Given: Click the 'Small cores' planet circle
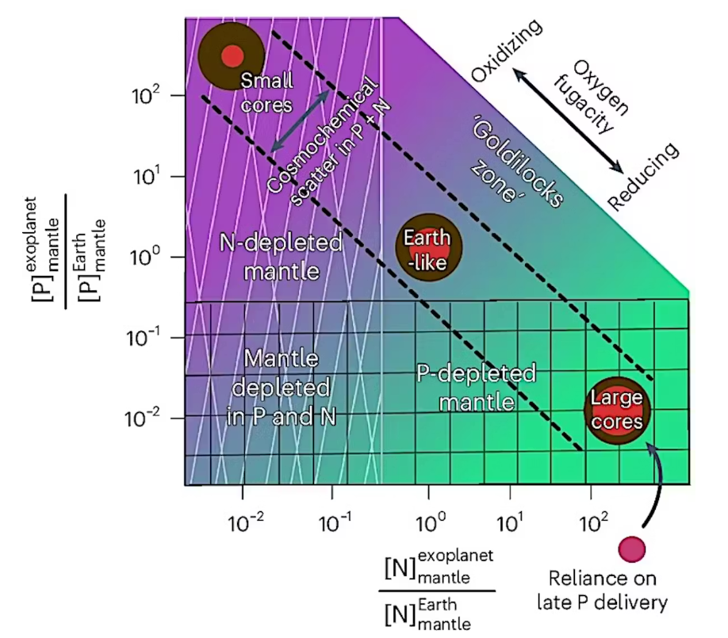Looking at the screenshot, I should (x=231, y=55).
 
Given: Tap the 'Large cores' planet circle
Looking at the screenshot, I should (x=618, y=407).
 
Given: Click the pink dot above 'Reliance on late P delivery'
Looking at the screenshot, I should (x=632, y=547).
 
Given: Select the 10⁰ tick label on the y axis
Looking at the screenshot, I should (x=148, y=256).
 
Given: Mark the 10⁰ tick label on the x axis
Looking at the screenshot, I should (x=428, y=524).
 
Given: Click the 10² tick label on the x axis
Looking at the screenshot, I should (x=594, y=524).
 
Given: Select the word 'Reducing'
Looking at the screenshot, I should (x=643, y=177).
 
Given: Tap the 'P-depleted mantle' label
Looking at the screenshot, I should (x=466, y=388).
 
